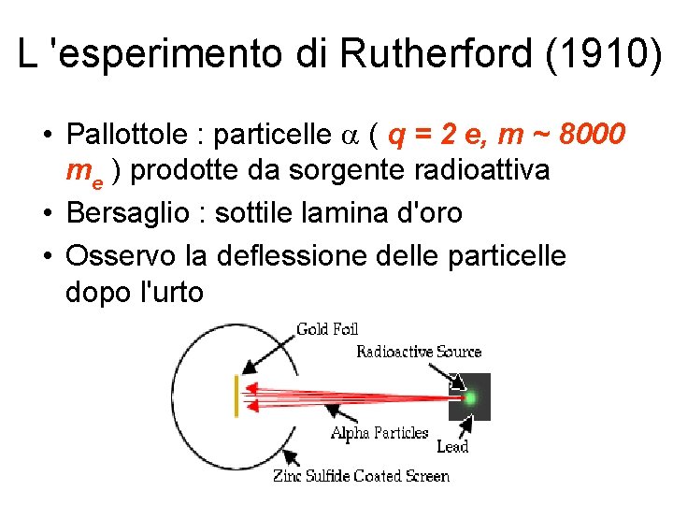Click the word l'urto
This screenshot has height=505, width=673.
(x=169, y=292)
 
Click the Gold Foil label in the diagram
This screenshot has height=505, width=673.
(x=326, y=329)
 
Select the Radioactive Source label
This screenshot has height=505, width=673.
(x=418, y=353)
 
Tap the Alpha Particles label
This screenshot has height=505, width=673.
(x=379, y=433)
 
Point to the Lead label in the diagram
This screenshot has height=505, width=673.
(x=452, y=447)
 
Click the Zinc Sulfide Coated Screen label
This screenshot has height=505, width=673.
(x=361, y=476)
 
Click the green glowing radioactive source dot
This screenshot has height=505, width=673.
(x=470, y=397)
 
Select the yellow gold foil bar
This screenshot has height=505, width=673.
(x=236, y=396)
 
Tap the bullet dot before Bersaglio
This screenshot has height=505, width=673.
(x=46, y=214)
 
